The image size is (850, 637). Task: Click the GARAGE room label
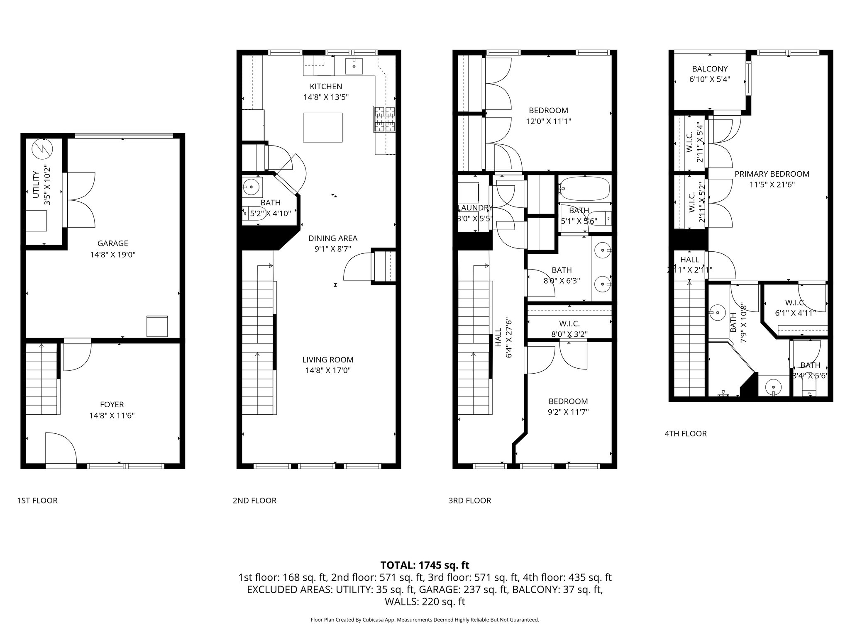pyautogui.click(x=112, y=243)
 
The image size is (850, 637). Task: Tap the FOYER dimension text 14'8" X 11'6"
pyautogui.click(x=112, y=415)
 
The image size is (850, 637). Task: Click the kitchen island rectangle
pyautogui.click(x=322, y=127)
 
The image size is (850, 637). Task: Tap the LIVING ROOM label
pyautogui.click(x=327, y=360)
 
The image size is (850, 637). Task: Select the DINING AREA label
pyautogui.click(x=332, y=238)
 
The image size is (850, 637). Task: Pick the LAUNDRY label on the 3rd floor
pyautogui.click(x=475, y=208)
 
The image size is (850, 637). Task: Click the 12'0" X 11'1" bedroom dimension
pyautogui.click(x=548, y=121)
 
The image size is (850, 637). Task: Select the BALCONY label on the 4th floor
pyautogui.click(x=710, y=69)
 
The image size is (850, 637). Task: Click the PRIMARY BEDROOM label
pyautogui.click(x=772, y=174)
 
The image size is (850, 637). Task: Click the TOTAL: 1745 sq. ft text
pyautogui.click(x=425, y=565)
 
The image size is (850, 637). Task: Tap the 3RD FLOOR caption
pyautogui.click(x=469, y=501)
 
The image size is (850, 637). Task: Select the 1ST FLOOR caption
pyautogui.click(x=37, y=501)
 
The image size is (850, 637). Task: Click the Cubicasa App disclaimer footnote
pyautogui.click(x=425, y=620)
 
